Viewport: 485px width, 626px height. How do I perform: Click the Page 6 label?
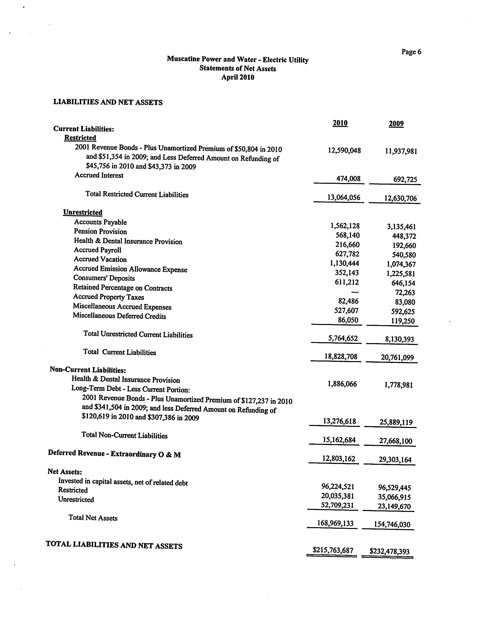click(411, 52)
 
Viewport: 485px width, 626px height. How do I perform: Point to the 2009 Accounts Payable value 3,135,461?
click(401, 227)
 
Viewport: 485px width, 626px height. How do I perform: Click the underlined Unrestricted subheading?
click(83, 212)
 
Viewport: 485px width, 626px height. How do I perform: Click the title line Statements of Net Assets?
click(238, 68)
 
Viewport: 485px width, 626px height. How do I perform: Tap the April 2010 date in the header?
click(238, 77)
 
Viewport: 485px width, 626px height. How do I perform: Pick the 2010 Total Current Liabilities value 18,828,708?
click(341, 357)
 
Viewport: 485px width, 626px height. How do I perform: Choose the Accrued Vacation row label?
click(100, 259)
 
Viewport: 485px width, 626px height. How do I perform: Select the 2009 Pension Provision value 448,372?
click(404, 236)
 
